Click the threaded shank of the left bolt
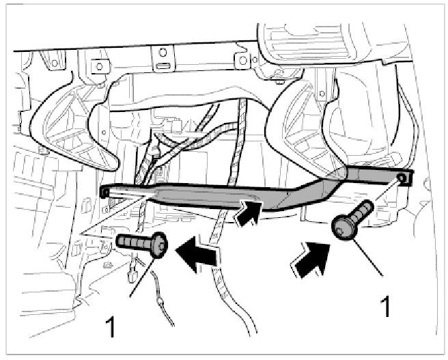[x=134, y=242]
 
